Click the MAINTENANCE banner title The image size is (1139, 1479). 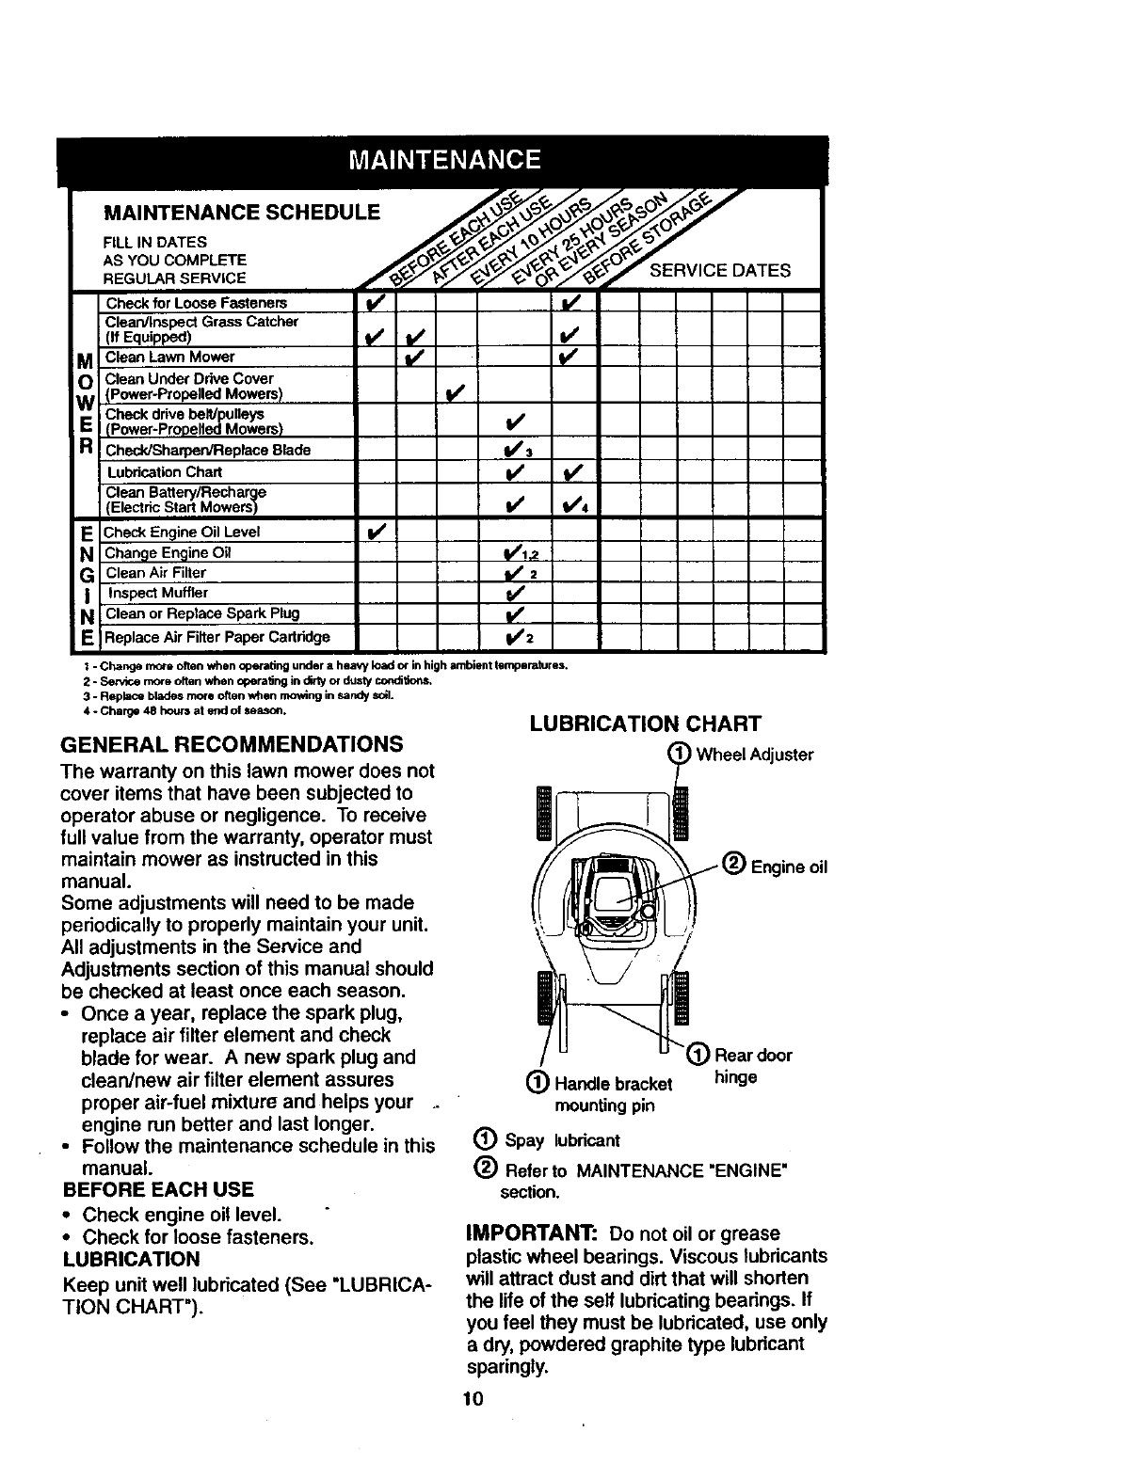point(443,159)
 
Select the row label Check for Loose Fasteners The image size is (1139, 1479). point(197,303)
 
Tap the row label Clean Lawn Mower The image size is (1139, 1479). point(170,358)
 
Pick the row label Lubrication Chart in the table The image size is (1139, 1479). point(165,472)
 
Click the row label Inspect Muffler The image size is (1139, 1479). point(158,594)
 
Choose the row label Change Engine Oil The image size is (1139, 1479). point(168,553)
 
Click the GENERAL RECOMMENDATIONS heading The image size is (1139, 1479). point(232,744)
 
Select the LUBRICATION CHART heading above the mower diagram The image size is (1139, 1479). point(645,724)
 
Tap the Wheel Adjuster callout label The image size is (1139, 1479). point(753,755)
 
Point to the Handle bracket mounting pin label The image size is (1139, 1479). point(613,1094)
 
